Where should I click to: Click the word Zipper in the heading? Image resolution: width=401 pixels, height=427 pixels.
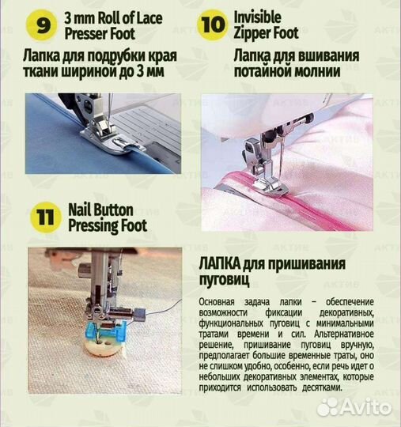[x=255, y=34]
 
